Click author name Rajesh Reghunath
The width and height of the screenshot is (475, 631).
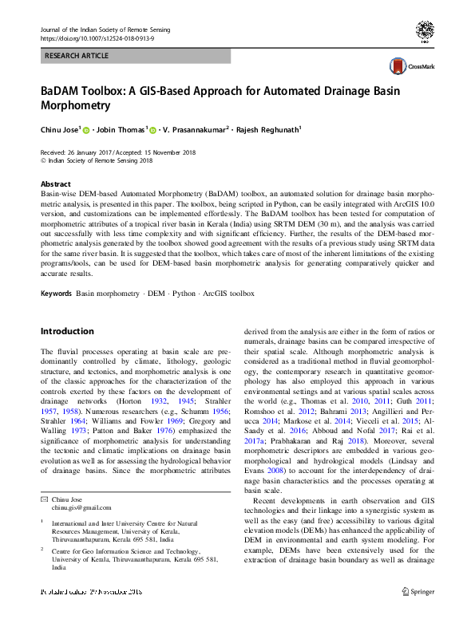pos(268,128)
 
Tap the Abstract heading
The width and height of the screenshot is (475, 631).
pos(55,184)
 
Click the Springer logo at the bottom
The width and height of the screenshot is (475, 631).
pos(418,615)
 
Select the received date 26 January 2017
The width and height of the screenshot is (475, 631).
pos(93,152)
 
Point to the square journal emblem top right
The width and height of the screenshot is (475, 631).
pos(424,32)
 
